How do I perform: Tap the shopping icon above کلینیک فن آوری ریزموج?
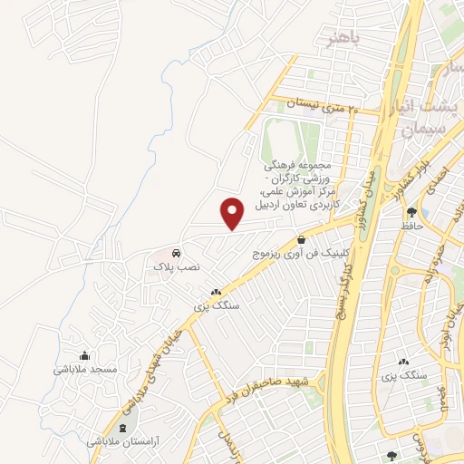(301, 239)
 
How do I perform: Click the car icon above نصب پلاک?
(176, 252)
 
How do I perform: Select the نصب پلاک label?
(174, 268)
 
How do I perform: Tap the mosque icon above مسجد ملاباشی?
(85, 355)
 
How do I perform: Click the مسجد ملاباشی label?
(85, 370)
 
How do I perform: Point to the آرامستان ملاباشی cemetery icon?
(123, 427)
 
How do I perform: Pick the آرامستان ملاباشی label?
(123, 441)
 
